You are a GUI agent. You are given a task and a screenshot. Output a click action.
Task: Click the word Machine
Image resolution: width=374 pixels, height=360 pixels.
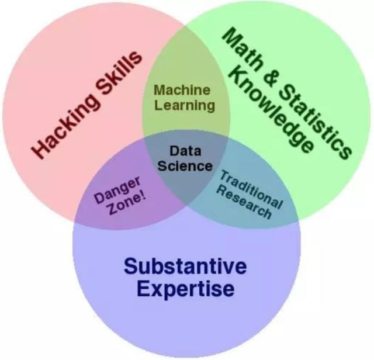pos(182,91)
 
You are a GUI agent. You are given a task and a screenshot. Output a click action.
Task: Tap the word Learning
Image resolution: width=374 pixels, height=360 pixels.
pos(185,106)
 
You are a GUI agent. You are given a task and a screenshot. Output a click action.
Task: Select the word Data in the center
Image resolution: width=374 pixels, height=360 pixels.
pos(185,150)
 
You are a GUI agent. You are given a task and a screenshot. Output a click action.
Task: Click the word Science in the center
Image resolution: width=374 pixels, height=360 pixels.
pos(185,165)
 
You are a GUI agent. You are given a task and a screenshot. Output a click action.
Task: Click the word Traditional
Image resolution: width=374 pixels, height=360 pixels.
pos(251,188)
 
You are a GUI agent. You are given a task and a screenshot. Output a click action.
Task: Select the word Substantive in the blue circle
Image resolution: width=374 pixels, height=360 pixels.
pos(185,266)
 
